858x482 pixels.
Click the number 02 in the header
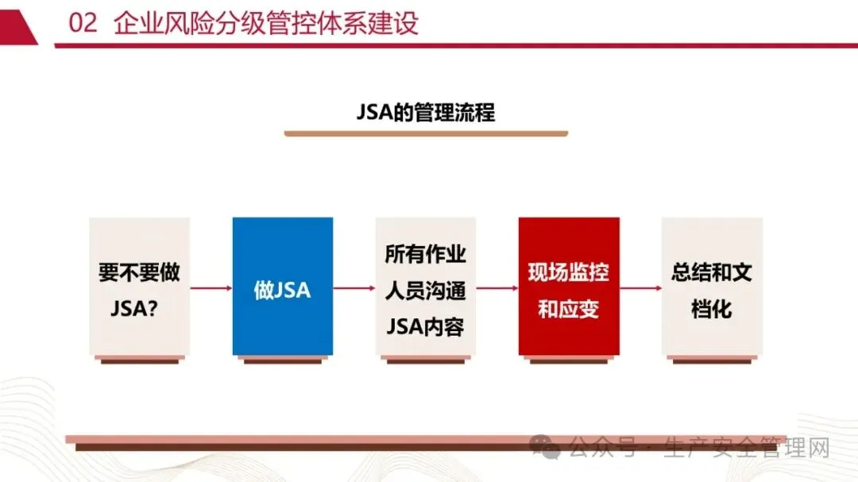point(83,23)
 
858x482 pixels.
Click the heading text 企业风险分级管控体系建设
point(266,23)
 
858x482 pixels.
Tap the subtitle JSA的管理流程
point(426,113)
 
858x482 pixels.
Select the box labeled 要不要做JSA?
point(139,287)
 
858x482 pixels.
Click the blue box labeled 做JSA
point(282,287)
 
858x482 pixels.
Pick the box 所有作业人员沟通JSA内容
point(425,287)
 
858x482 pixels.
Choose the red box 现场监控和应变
point(568,287)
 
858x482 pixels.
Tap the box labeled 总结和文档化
point(712,287)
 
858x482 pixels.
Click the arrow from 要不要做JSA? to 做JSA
point(211,288)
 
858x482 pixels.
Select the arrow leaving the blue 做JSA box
point(354,288)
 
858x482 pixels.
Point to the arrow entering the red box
point(497,288)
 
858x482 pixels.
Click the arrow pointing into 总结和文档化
point(640,288)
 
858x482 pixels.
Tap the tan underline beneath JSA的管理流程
point(426,133)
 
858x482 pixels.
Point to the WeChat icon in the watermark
point(551,449)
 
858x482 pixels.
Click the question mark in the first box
point(149,308)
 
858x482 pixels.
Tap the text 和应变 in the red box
point(568,308)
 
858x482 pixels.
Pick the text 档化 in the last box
point(711,308)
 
